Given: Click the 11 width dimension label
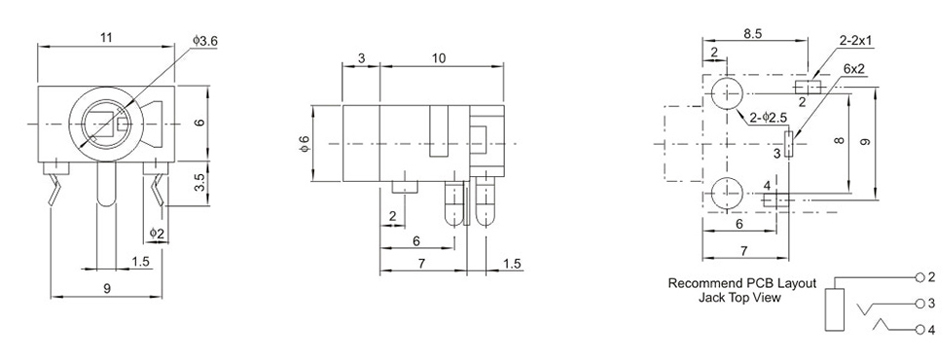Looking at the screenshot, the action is pyautogui.click(x=106, y=38).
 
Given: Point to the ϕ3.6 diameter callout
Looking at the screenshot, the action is pyautogui.click(x=206, y=41).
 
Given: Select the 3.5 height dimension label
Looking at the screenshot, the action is pyautogui.click(x=201, y=183).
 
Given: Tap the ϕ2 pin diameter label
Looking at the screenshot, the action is pyautogui.click(x=157, y=232).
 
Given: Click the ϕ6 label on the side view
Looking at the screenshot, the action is pyautogui.click(x=305, y=144).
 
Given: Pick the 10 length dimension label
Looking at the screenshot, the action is pyautogui.click(x=440, y=58).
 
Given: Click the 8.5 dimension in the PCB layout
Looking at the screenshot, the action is pyautogui.click(x=752, y=34).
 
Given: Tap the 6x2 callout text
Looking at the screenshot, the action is pyautogui.click(x=854, y=68).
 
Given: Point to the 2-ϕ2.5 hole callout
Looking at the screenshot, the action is pyautogui.click(x=768, y=117).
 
